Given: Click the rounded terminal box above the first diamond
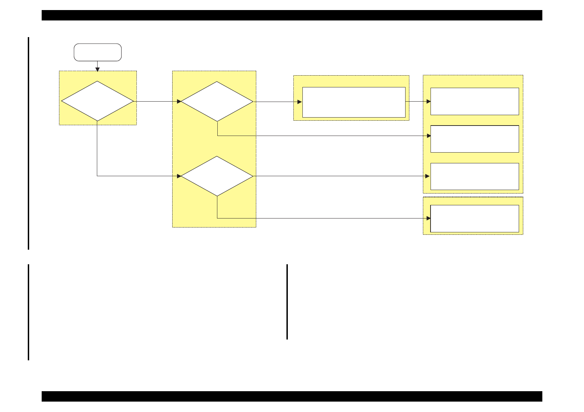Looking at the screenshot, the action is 98,52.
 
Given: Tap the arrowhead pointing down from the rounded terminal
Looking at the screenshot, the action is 98,69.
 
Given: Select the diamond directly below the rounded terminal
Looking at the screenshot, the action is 98,101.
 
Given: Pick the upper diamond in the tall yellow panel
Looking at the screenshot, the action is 217,102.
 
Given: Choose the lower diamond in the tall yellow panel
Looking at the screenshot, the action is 217,176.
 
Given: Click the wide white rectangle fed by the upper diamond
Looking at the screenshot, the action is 354,102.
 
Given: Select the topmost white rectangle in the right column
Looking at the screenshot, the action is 474,101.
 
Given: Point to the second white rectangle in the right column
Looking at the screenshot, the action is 474,139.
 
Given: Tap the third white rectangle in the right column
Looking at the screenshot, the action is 474,177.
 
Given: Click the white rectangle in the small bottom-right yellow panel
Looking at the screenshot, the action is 474,218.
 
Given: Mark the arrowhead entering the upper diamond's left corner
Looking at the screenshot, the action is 179,102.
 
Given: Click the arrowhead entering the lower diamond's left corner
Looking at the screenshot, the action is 179,176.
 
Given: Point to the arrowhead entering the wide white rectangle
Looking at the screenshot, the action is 300,102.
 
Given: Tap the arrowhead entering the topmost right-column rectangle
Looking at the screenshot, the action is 428,101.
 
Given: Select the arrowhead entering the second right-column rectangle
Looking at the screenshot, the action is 428,136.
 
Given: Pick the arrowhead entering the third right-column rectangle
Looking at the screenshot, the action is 428,176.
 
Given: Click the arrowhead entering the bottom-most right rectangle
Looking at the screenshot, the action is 428,218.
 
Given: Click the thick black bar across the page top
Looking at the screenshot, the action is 292,15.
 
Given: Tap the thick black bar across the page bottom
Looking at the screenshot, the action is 292,396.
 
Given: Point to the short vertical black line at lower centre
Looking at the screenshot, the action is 287,302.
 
